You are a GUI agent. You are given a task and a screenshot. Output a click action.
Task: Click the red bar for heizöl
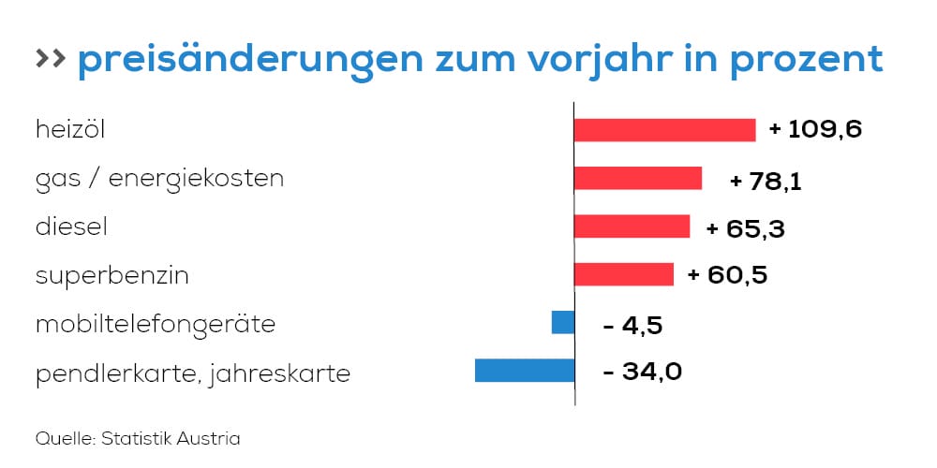coord(664,130)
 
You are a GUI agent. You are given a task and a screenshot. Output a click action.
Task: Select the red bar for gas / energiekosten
coord(637,178)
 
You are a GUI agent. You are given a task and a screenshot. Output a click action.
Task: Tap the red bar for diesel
coord(632,227)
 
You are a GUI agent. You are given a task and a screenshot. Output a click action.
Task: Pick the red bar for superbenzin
coord(623,274)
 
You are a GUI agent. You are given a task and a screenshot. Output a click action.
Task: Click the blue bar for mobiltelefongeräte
coord(562,322)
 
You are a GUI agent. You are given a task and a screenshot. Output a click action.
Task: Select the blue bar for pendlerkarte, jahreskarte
coord(525,371)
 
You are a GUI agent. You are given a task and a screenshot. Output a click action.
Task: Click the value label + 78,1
coord(765,180)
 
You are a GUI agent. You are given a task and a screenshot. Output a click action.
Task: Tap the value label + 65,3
coord(745,228)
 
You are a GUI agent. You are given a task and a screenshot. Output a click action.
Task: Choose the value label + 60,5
coord(727,276)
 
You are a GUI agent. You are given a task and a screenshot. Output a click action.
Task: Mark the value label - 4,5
coord(634,325)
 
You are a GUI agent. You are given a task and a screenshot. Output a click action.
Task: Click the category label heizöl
coord(70,130)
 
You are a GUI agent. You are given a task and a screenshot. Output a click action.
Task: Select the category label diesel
coord(73,227)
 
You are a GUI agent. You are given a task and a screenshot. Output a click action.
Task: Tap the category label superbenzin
coord(112,276)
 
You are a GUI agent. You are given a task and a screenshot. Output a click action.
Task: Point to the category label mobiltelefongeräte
coord(155,325)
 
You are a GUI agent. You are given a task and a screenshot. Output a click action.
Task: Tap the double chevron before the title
coord(50,59)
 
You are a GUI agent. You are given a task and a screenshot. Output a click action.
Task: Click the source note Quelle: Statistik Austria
coord(138,438)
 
